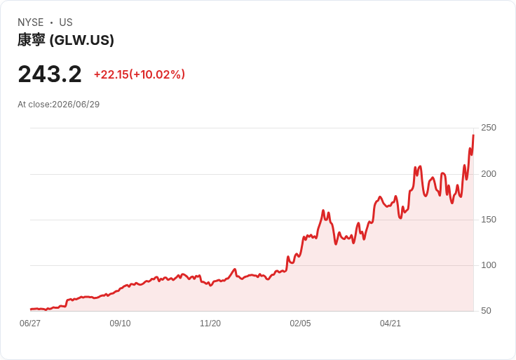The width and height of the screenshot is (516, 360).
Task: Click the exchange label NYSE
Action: point(31,22)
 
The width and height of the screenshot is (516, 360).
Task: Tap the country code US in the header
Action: point(66,22)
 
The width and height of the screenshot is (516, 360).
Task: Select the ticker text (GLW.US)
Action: point(82,40)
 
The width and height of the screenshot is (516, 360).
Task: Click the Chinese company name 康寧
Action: point(32,40)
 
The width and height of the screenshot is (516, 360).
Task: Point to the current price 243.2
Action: point(50,74)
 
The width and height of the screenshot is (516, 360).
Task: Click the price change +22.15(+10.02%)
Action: point(140,74)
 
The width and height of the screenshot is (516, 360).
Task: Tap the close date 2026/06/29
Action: point(76,105)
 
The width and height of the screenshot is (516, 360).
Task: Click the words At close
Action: point(34,105)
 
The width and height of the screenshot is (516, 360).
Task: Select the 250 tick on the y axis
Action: point(489,128)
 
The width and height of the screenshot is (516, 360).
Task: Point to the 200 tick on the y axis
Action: point(489,174)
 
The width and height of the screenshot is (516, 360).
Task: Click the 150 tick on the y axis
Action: point(489,220)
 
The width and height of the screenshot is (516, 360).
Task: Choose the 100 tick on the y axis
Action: point(489,265)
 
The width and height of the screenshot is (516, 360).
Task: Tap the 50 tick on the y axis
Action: point(486,311)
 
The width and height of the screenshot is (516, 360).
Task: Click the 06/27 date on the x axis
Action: point(30,324)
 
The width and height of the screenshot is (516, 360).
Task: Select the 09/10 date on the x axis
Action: point(120,324)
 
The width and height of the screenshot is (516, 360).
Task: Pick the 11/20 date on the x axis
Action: point(210,324)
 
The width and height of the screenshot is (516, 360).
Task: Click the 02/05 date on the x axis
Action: point(300,324)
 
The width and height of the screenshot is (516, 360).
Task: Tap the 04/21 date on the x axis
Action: point(391,324)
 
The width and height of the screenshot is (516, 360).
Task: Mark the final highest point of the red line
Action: point(473,135)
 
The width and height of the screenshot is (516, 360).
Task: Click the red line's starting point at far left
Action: point(31,309)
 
